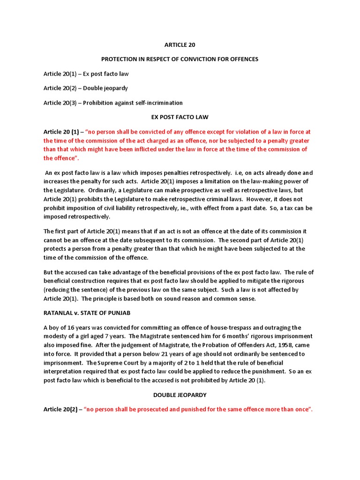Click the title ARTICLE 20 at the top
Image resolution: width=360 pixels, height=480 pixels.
[x=180, y=45]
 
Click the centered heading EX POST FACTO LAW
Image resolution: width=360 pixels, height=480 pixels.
[x=180, y=117]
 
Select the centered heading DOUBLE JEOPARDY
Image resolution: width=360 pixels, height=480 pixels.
[x=180, y=395]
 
